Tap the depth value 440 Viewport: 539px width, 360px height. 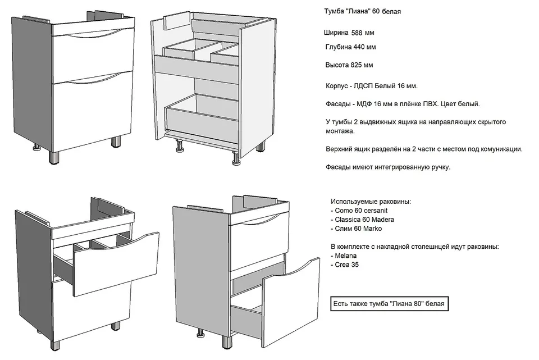click(x=359, y=47)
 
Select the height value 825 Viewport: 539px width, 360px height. click(x=356, y=65)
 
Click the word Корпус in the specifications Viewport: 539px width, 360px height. click(x=336, y=86)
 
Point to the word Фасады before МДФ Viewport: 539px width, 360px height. click(x=338, y=104)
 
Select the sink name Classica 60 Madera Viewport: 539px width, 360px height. click(x=364, y=220)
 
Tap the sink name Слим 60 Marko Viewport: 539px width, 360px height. click(x=358, y=229)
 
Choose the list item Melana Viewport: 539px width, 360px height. click(x=345, y=256)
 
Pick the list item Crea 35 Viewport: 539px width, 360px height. click(x=346, y=265)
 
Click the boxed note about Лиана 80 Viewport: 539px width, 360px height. click(x=390, y=304)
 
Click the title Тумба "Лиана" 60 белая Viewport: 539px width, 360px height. click(x=362, y=11)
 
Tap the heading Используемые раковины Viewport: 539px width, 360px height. click(x=371, y=202)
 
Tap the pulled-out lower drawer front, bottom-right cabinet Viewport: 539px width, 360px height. click(x=290, y=303)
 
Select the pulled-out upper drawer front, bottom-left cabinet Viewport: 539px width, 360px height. click(x=116, y=263)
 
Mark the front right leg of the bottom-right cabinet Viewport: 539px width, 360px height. click(x=226, y=342)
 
